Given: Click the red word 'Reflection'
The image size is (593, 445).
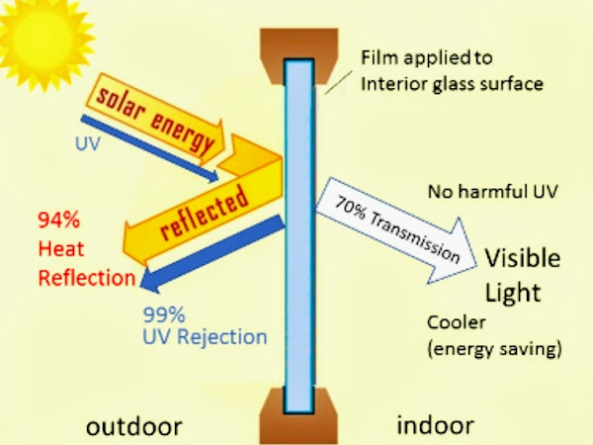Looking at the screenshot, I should point(86,279).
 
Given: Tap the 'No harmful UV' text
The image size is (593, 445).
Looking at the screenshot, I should point(486,192).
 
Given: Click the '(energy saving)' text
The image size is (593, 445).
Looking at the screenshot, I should point(494,348).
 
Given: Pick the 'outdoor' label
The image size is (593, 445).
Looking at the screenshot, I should point(134,427).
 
